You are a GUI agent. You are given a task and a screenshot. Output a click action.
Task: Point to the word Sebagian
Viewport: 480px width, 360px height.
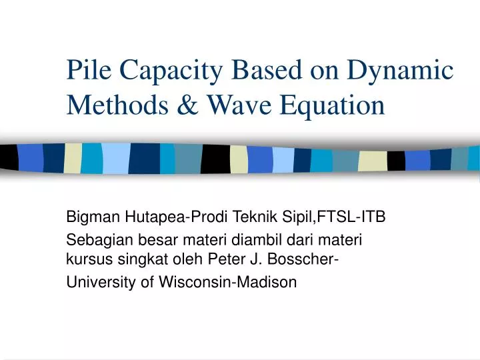[x=95, y=238]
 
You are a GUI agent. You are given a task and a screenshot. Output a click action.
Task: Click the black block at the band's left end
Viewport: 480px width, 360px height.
[x=8, y=157]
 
